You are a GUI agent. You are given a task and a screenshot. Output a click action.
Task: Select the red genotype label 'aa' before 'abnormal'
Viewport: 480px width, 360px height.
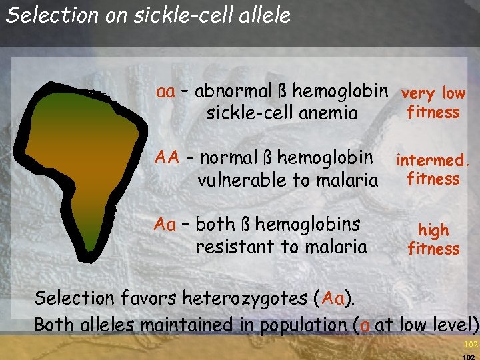pos(165,91)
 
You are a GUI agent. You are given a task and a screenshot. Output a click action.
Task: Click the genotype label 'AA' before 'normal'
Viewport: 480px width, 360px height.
pos(167,158)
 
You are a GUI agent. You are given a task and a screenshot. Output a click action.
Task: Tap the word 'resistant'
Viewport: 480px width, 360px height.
pos(233,247)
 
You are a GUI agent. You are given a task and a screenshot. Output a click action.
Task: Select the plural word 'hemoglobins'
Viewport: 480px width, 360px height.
pos(307,225)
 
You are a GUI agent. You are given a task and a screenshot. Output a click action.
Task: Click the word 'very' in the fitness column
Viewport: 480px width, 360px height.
pos(417,94)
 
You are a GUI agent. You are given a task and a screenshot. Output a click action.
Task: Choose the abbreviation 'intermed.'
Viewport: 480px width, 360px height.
pos(433,161)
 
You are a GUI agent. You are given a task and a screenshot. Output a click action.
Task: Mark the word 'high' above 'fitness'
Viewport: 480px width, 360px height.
pos(433,231)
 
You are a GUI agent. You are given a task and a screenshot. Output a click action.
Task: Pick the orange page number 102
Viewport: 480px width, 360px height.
pos(471,345)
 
